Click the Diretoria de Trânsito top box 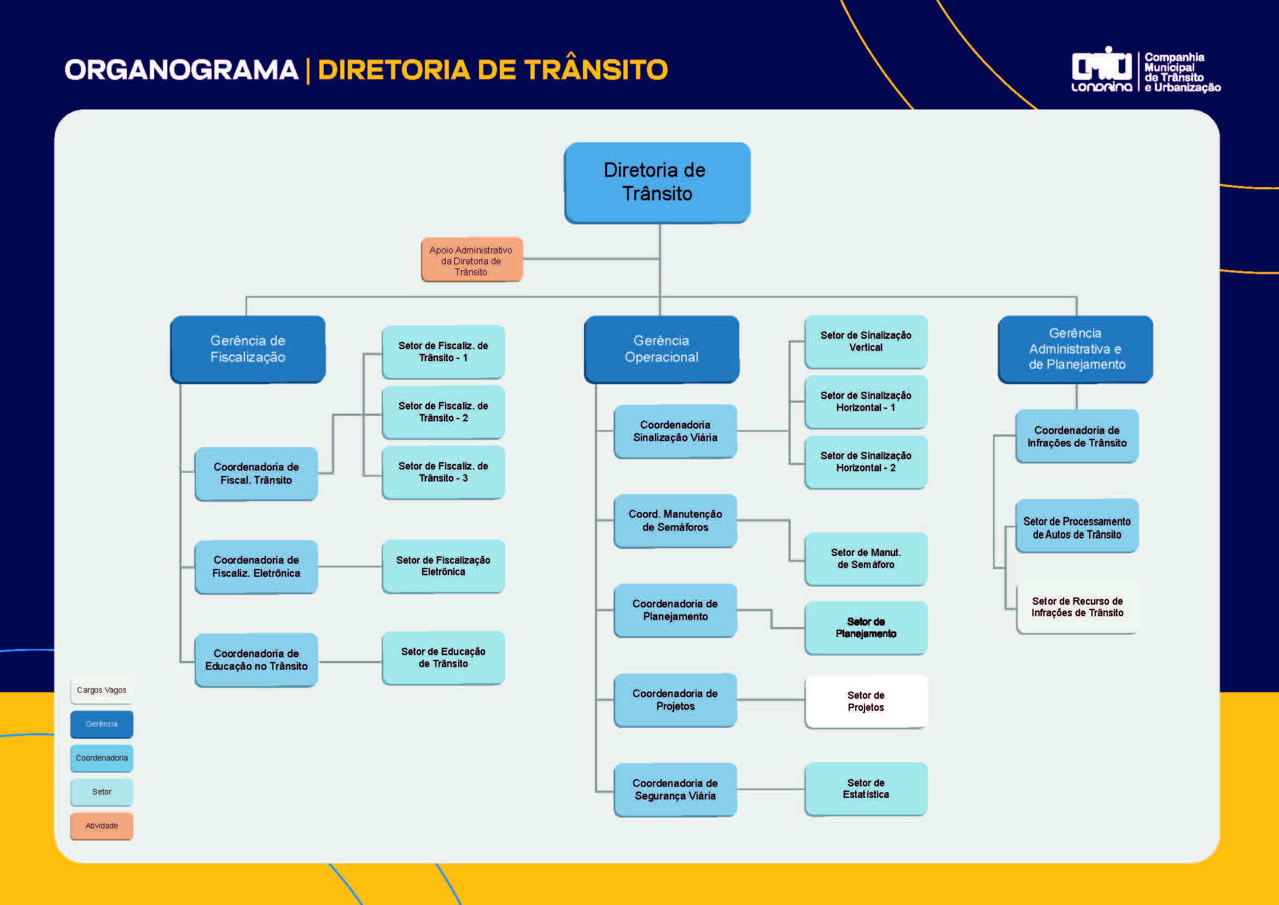pos(657,182)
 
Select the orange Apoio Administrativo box pos(471,260)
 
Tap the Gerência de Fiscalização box pos(247,349)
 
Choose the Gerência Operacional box pos(661,349)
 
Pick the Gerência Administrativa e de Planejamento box pos(1075,349)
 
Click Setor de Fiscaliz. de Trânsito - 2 pos(443,412)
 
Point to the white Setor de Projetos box pos(866,701)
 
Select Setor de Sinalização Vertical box pos(866,341)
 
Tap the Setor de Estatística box pos(866,788)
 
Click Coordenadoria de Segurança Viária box pos(675,789)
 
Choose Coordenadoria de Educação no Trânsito pos(256,660)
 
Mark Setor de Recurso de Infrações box pos(1077,607)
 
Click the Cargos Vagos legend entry pos(101,690)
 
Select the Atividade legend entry pos(101,826)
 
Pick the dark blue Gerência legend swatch pos(101,724)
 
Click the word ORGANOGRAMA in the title pos(182,70)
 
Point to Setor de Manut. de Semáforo pos(866,559)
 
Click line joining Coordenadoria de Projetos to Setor pos(771,699)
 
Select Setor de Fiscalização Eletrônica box pos(443,566)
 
